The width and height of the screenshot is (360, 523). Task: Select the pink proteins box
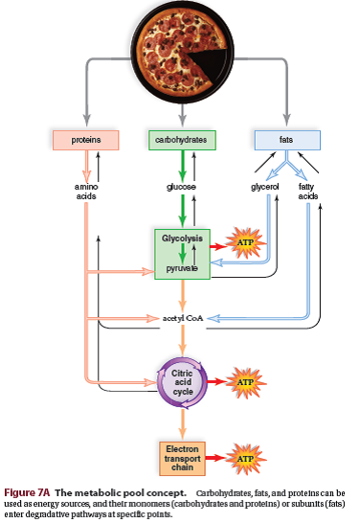pos(85,140)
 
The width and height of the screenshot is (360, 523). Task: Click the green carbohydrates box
pos(181,140)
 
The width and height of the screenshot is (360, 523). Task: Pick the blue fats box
pos(285,140)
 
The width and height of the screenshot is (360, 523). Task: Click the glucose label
pos(180,188)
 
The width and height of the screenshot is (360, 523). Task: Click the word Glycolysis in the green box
pos(180,237)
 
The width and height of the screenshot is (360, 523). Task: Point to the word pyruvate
pos(180,269)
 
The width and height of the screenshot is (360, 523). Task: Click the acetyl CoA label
pos(180,317)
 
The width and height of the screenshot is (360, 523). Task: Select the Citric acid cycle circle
pos(181,380)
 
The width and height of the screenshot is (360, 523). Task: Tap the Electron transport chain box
pos(181,458)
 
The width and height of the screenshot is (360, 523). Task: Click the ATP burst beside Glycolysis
pos(244,243)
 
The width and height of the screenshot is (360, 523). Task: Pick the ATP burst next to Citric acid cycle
pos(244,381)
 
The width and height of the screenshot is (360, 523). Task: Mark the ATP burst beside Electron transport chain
pos(244,459)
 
